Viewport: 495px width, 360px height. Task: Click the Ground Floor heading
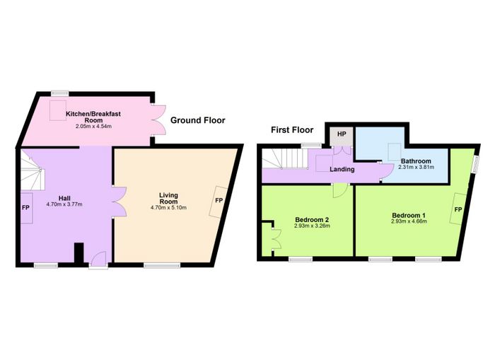tap(197, 120)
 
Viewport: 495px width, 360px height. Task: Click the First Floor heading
tap(292, 130)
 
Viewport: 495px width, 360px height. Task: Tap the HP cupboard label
tap(342, 134)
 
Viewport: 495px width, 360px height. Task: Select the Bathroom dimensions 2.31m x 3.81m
tap(416, 167)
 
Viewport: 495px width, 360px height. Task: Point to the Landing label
tap(342, 169)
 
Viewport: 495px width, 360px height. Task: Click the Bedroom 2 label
tap(312, 219)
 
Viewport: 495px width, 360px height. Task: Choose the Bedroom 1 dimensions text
tap(409, 221)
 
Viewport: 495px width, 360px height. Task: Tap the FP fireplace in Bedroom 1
tap(458, 209)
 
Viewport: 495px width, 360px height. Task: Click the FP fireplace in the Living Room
tap(218, 202)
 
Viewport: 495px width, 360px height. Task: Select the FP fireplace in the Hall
tap(27, 208)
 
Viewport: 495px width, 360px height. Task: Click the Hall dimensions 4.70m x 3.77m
tap(64, 204)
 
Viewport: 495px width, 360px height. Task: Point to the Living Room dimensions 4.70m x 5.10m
tap(168, 207)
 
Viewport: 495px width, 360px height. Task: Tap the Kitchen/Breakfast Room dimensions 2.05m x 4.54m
tap(93, 127)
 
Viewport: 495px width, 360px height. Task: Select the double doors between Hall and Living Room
tap(120, 202)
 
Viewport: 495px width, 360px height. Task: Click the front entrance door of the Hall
tap(98, 261)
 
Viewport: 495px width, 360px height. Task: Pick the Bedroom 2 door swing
tap(340, 191)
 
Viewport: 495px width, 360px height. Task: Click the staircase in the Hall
tap(33, 170)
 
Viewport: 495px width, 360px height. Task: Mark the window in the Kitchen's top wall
tap(60, 93)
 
